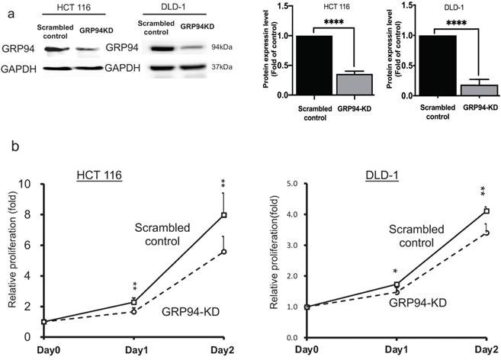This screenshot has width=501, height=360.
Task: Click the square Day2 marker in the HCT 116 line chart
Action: (224, 215)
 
